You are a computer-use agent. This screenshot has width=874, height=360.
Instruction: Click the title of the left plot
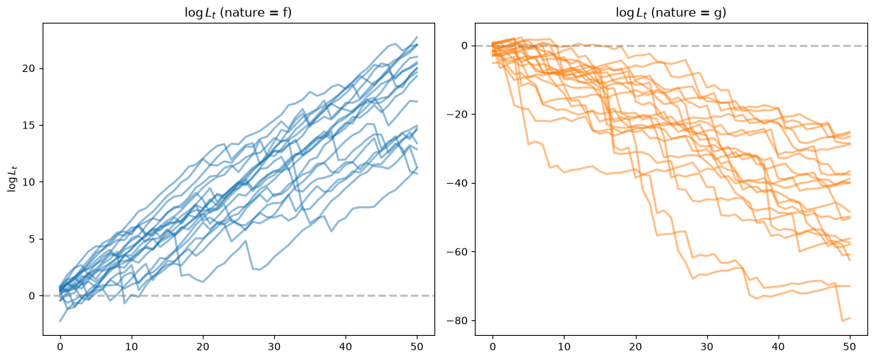pos(238,12)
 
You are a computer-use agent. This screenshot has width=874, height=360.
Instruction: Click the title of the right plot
pos(670,12)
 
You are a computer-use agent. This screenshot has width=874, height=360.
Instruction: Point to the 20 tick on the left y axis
pos(32,68)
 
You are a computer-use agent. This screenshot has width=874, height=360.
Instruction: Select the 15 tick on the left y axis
pos(32,126)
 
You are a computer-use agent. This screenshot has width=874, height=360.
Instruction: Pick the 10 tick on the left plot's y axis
pos(32,182)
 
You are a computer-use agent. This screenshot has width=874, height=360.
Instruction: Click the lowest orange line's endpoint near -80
pos(850,317)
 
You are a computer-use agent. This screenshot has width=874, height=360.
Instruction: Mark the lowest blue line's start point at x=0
pos(60,321)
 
